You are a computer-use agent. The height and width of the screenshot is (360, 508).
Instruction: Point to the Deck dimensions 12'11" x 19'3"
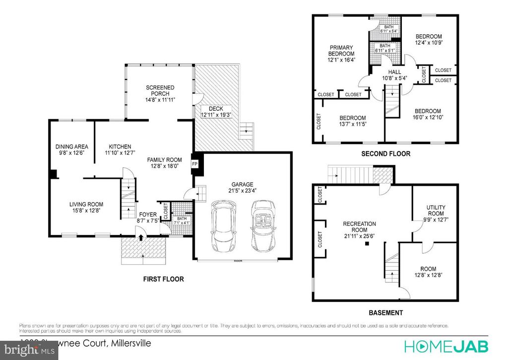(x=216, y=115)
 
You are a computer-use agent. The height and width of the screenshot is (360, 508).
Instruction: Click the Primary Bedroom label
(x=341, y=51)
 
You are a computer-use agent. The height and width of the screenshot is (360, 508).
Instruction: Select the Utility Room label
(x=436, y=210)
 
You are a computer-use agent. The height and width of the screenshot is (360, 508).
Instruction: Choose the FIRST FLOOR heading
(x=163, y=280)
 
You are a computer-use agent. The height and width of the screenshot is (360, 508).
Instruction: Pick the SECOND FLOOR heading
(x=385, y=154)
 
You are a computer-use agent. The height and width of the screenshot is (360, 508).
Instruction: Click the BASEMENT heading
(x=385, y=313)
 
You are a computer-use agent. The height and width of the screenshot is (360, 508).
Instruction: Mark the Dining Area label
(x=72, y=146)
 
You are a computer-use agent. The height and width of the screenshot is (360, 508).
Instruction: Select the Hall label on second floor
(x=394, y=72)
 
